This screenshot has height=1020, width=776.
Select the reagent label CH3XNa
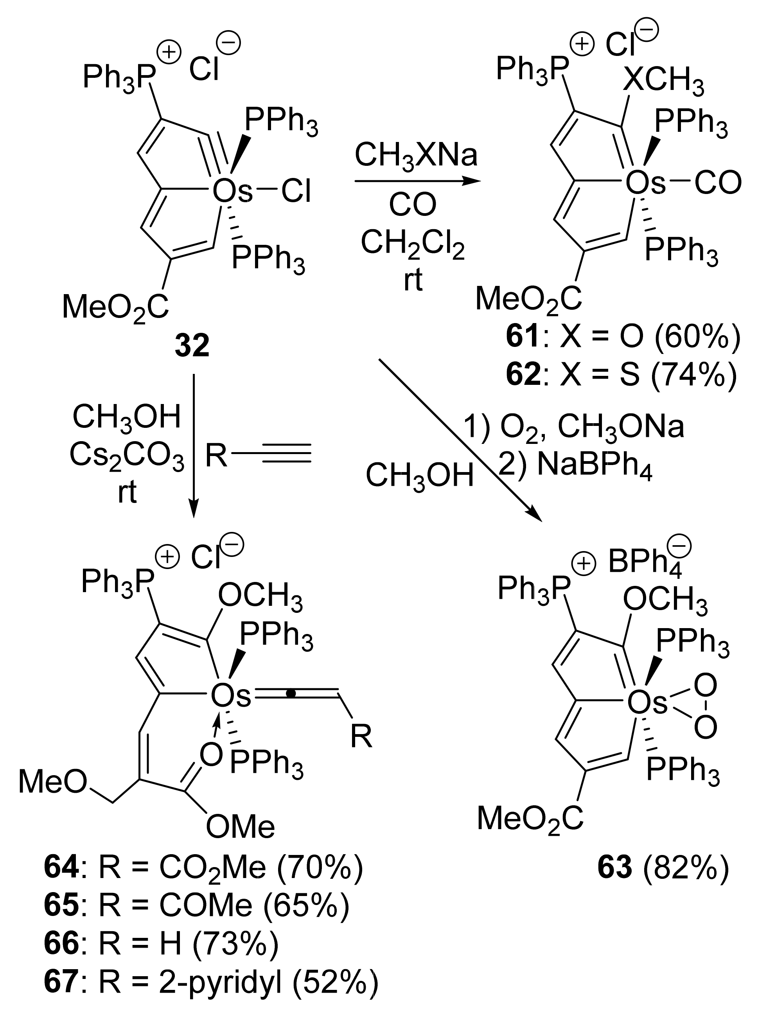[x=416, y=156]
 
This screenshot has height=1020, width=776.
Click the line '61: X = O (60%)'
[x=623, y=338]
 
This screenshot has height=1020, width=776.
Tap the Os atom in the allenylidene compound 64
[x=230, y=696]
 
